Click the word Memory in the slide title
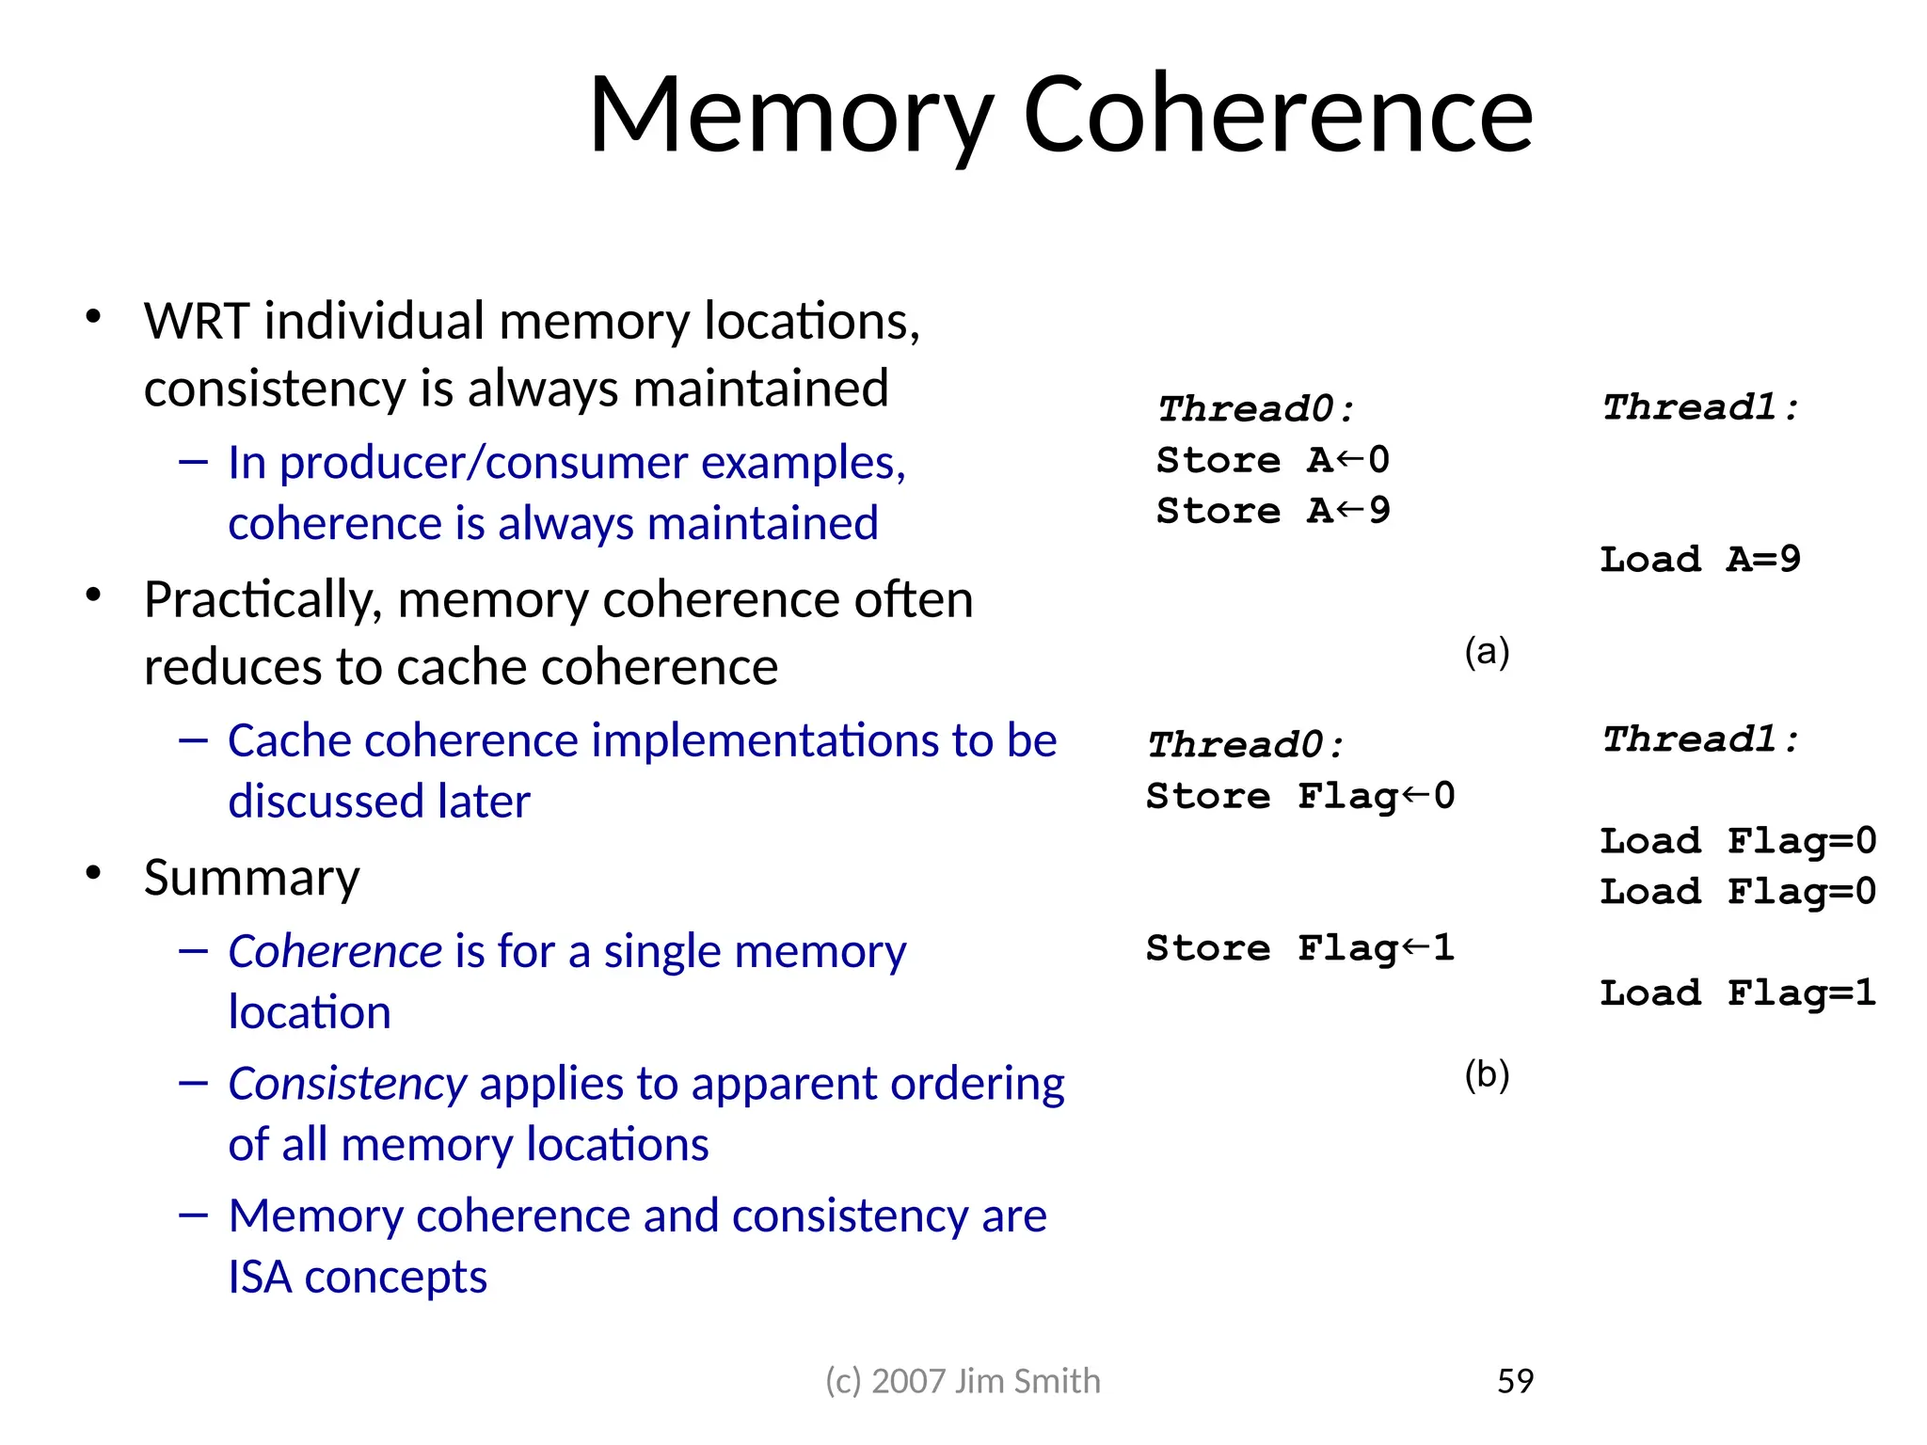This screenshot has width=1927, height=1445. (x=789, y=115)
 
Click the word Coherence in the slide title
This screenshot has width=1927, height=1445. (x=1277, y=115)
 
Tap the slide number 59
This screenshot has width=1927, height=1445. (x=1515, y=1380)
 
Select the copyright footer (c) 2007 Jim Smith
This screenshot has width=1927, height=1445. (x=963, y=1380)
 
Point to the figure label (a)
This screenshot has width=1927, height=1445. (x=1487, y=651)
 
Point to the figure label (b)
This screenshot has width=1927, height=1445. (x=1487, y=1073)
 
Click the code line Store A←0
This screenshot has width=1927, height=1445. (x=1273, y=460)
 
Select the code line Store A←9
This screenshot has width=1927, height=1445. (x=1273, y=511)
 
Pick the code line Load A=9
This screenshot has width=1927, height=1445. (x=1700, y=560)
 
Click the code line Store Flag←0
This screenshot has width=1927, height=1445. (x=1300, y=797)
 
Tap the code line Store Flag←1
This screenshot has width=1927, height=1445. (x=1300, y=948)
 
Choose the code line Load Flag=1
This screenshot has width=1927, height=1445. (x=1738, y=993)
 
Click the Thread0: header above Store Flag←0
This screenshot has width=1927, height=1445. (x=1246, y=745)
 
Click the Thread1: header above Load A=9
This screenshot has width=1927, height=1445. (x=1700, y=407)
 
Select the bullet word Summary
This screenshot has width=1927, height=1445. (x=251, y=878)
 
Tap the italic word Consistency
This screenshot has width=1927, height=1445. (x=347, y=1084)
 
